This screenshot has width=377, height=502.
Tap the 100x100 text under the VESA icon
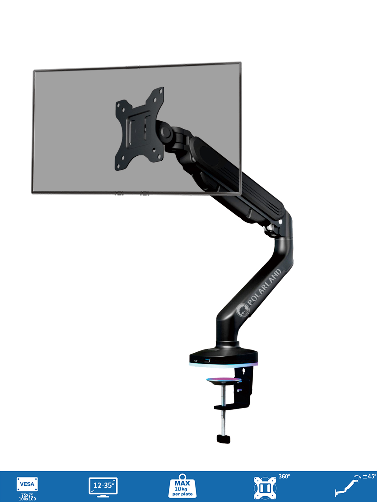point(27,499)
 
